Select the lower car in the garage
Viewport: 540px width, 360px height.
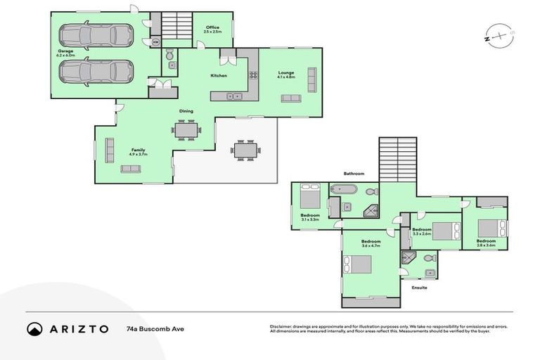coord(95,71)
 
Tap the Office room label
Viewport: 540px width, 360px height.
coord(212,30)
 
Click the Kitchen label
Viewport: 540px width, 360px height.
coord(219,75)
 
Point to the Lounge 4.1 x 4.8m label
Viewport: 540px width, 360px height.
coord(285,75)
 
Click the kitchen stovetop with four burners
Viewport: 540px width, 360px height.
coord(252,75)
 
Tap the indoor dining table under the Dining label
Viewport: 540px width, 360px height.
coord(186,130)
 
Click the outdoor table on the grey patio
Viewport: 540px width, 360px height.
coord(245,150)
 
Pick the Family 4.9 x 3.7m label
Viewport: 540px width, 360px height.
coord(138,152)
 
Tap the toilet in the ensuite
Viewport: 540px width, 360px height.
coord(430,273)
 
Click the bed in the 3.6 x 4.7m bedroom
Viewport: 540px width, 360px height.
coord(358,265)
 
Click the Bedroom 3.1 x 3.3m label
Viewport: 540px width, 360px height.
coord(310,217)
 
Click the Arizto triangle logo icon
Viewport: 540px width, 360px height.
coord(34,328)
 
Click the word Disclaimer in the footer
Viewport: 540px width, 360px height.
coord(282,326)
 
